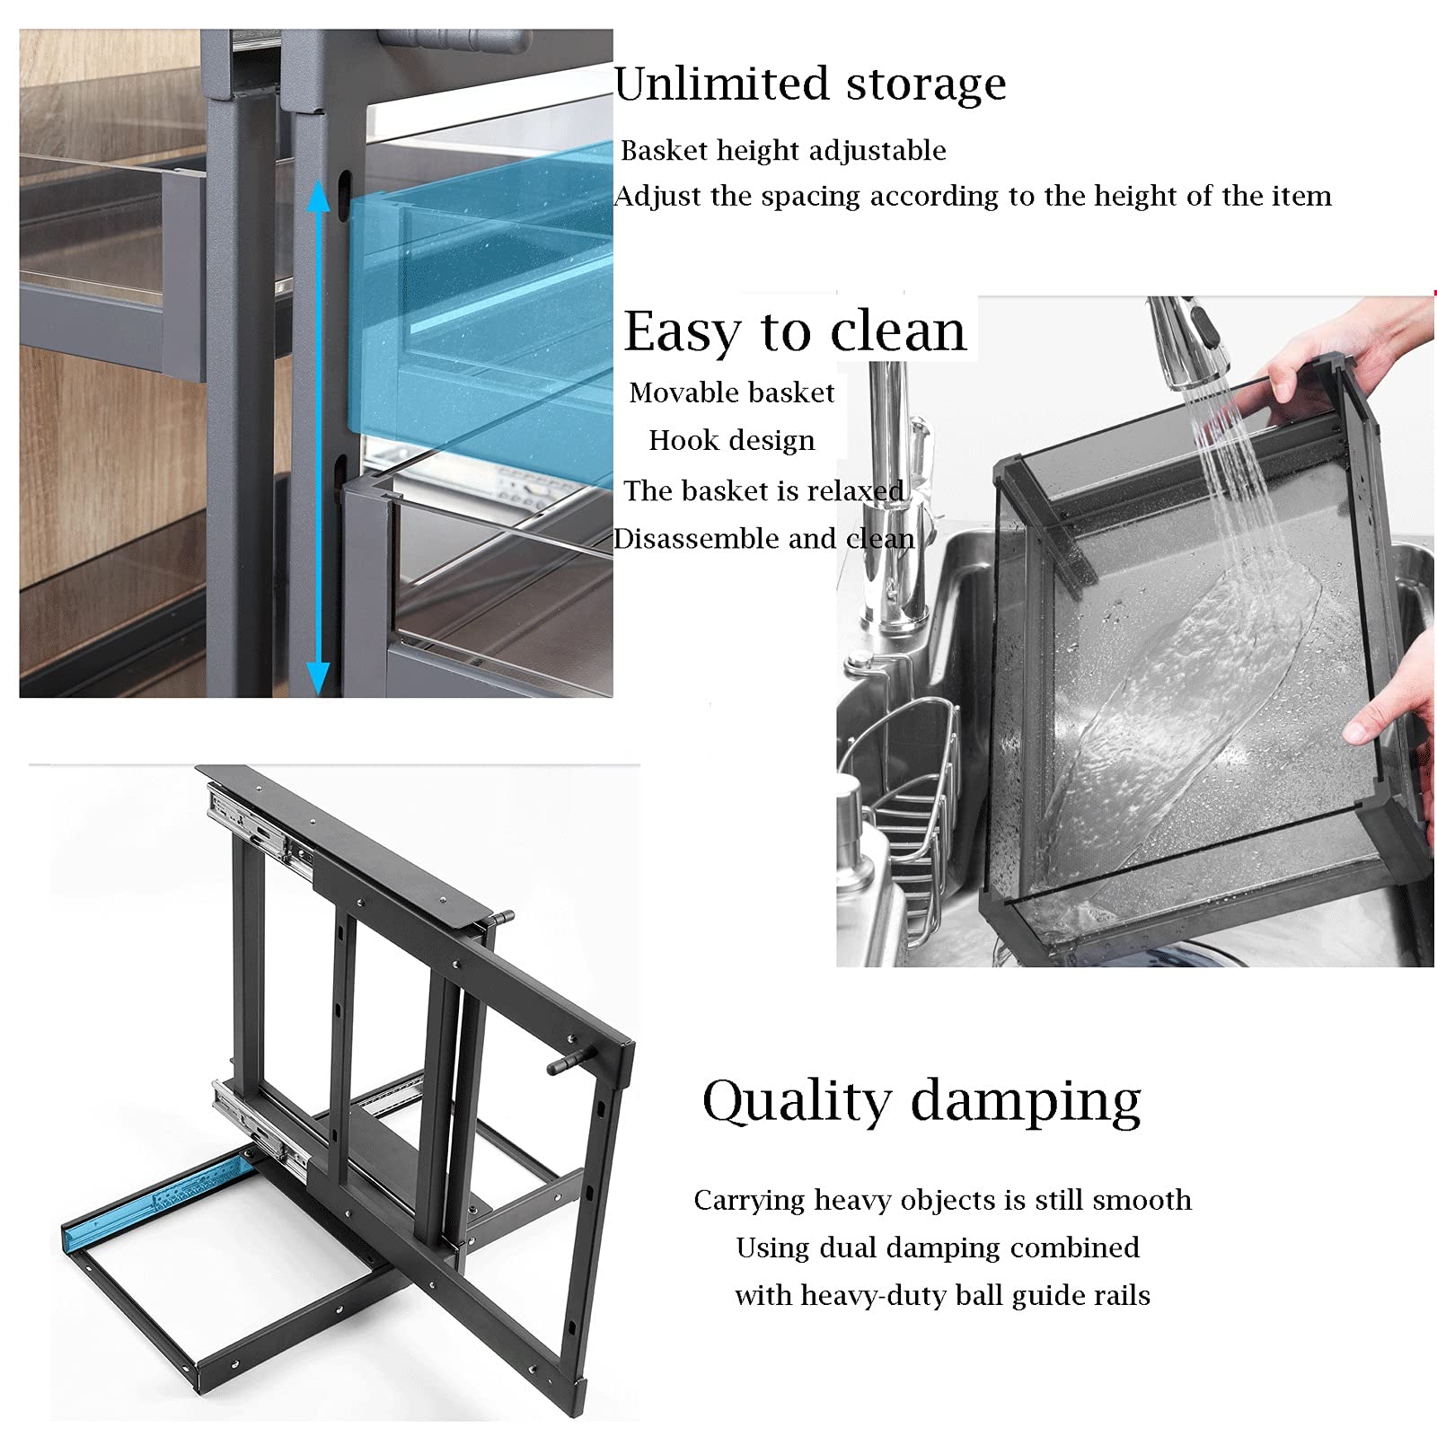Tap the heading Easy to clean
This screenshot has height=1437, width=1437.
click(x=794, y=331)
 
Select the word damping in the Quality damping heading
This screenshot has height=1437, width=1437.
click(x=1027, y=1101)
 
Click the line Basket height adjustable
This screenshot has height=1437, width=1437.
click(x=783, y=150)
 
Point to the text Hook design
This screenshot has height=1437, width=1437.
click(x=732, y=440)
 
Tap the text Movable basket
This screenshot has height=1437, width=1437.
click(x=731, y=392)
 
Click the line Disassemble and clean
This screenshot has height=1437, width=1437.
click(x=763, y=539)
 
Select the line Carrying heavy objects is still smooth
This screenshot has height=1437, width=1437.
click(x=942, y=1200)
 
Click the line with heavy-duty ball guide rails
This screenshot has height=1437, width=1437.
click(x=942, y=1295)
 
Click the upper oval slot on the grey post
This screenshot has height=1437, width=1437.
click(x=343, y=193)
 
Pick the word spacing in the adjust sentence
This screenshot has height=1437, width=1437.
click(x=810, y=197)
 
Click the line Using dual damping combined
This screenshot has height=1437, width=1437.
click(x=938, y=1247)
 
